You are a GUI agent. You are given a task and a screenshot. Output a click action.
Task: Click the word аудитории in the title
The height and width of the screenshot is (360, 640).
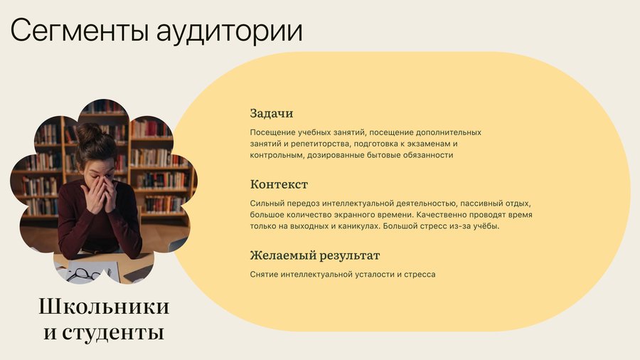(x=230, y=32)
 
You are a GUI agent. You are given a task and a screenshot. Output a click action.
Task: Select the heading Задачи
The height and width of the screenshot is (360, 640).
(x=272, y=113)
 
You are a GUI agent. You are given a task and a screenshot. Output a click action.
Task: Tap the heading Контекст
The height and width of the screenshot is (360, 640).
(x=279, y=184)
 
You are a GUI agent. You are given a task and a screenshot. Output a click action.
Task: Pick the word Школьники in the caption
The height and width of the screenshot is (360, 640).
(x=104, y=307)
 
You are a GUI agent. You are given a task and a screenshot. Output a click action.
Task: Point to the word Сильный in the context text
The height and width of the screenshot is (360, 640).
(x=267, y=203)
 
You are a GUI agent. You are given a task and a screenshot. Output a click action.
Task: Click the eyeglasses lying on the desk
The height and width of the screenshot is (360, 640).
(x=84, y=275)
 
